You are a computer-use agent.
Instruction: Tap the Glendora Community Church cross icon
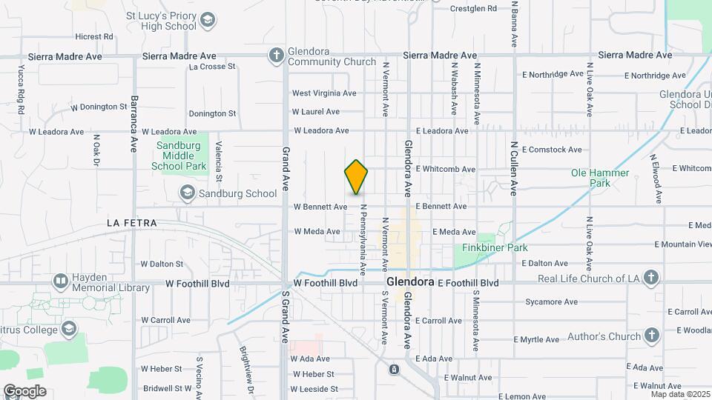point(276,55)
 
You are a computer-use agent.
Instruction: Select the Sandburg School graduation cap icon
point(188,193)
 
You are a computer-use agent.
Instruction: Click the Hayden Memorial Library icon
point(60,281)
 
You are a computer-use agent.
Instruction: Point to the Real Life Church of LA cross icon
point(650,278)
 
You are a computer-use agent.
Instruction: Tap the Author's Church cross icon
point(651,336)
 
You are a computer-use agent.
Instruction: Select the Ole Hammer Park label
point(600,178)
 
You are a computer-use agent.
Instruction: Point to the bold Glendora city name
point(409,283)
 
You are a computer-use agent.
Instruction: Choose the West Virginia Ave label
point(324,93)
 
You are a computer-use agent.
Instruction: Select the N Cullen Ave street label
point(513,170)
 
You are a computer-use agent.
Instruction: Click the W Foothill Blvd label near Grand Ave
point(326,283)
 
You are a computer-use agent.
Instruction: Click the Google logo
point(24,391)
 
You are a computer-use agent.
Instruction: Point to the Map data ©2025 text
point(679,393)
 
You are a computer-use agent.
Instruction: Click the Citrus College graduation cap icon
point(69,327)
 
